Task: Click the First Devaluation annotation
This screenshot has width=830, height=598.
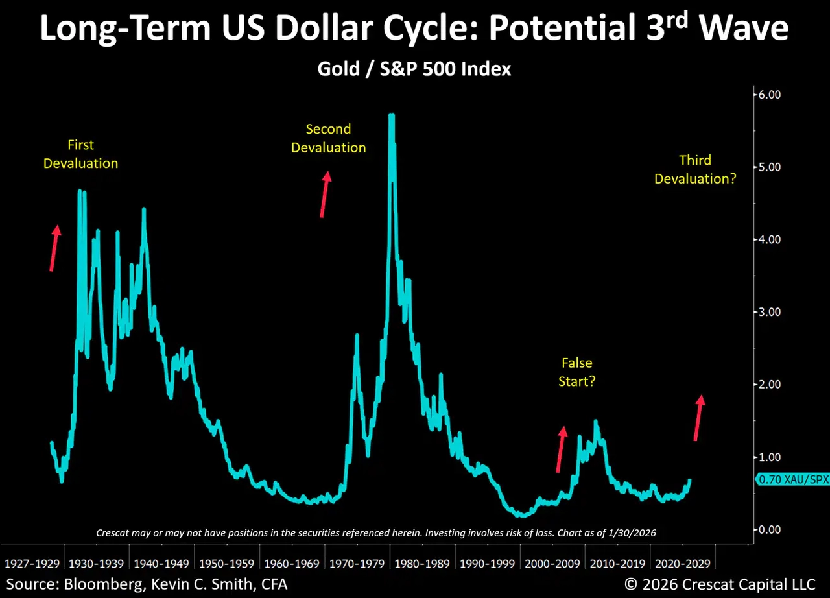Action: (x=80, y=154)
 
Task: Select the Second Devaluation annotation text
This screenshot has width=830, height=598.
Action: (x=328, y=138)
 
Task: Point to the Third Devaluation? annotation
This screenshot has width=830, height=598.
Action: (x=695, y=169)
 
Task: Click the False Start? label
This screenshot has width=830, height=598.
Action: (x=576, y=372)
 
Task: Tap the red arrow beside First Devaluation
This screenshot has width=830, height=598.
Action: (x=54, y=248)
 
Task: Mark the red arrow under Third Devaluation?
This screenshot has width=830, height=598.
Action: (x=698, y=418)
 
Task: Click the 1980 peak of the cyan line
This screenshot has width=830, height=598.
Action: (x=391, y=117)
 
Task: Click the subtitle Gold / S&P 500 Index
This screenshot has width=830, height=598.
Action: (x=414, y=69)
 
